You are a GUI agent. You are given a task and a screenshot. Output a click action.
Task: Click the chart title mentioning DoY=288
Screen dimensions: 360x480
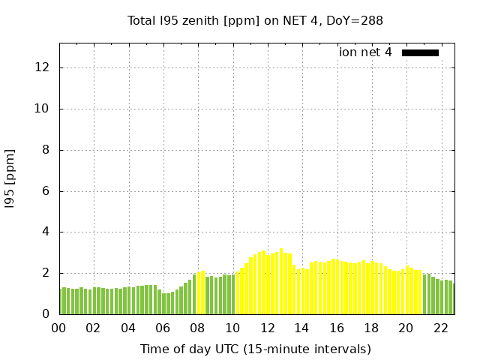point(255,21)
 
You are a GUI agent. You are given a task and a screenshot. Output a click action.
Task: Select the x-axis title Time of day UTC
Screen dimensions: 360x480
point(255,349)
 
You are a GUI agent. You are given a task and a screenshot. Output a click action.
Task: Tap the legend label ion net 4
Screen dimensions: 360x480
point(365,52)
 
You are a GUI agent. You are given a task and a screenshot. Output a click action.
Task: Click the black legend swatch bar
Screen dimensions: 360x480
point(420,52)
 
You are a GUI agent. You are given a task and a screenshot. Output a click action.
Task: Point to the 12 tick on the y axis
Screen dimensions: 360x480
point(43,67)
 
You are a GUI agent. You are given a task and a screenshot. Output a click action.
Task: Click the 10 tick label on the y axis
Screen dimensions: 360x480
point(43,109)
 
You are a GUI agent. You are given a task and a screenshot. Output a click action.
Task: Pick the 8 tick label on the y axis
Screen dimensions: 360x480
point(46,150)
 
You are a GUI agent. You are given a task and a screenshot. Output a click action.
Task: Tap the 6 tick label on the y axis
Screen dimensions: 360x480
point(46,191)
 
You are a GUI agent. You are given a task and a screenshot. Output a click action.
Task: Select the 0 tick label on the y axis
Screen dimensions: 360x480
point(46,314)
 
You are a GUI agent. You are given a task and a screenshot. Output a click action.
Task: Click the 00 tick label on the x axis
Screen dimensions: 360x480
point(59,328)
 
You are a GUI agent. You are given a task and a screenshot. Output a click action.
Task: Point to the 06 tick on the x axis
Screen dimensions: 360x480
point(163,328)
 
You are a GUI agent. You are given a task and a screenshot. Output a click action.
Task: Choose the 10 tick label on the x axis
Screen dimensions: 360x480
point(232,328)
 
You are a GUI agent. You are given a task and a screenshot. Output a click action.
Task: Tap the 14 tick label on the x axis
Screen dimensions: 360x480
point(301,328)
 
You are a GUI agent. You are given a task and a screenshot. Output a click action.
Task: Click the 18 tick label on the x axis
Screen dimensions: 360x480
point(371,328)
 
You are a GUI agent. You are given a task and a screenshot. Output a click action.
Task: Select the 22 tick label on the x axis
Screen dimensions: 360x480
point(440,328)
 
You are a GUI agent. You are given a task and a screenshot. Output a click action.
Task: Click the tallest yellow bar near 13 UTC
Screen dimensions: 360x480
point(281,281)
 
